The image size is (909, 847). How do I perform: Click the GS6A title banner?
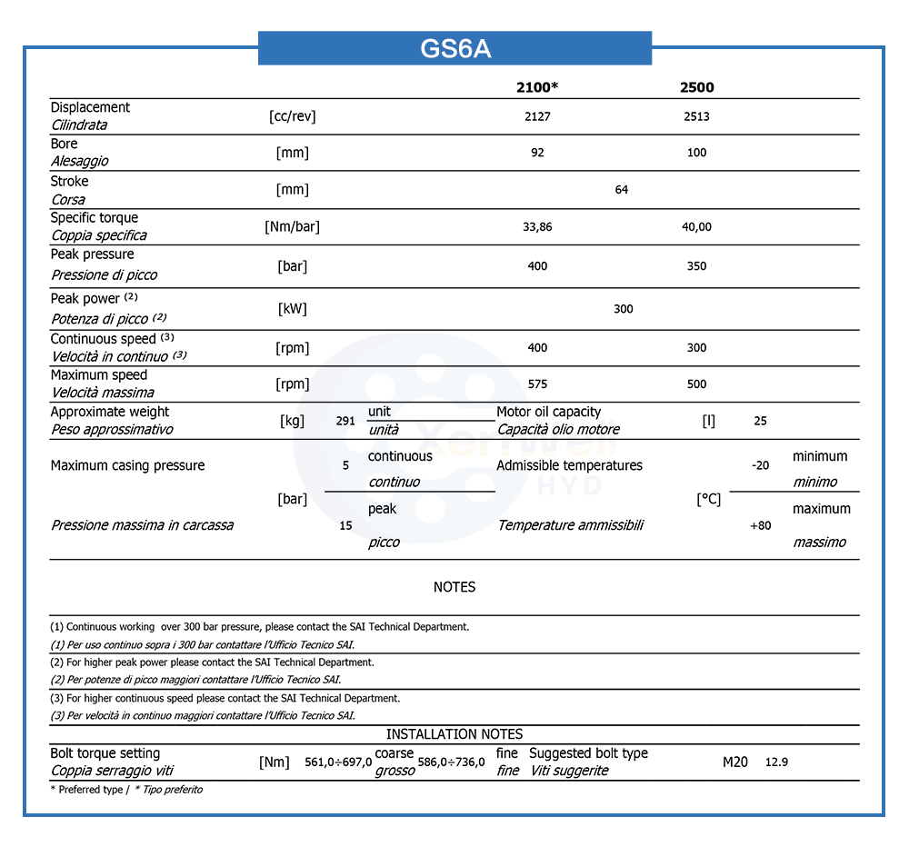click(454, 48)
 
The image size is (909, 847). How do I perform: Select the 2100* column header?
click(537, 88)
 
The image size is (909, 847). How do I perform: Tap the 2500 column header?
click(697, 88)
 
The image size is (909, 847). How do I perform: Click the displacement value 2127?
click(537, 116)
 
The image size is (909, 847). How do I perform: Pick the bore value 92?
click(537, 153)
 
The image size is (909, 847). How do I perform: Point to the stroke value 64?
click(622, 190)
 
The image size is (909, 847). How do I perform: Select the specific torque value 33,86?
click(537, 227)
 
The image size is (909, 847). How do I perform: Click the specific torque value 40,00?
click(697, 227)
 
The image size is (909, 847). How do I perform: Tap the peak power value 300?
click(623, 309)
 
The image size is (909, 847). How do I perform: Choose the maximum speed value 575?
click(537, 384)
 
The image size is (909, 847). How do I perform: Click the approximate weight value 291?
click(345, 422)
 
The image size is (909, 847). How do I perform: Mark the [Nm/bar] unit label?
click(292, 226)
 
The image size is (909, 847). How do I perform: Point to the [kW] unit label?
click(292, 309)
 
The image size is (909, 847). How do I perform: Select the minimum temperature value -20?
click(761, 465)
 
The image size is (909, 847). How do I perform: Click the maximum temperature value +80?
click(761, 525)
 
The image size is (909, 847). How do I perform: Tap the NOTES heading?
click(454, 587)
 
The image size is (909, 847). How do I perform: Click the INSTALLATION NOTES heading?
click(454, 734)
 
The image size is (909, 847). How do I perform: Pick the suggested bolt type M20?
click(735, 762)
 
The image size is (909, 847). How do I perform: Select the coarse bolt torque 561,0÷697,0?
click(338, 762)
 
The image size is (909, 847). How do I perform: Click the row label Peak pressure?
click(92, 254)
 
